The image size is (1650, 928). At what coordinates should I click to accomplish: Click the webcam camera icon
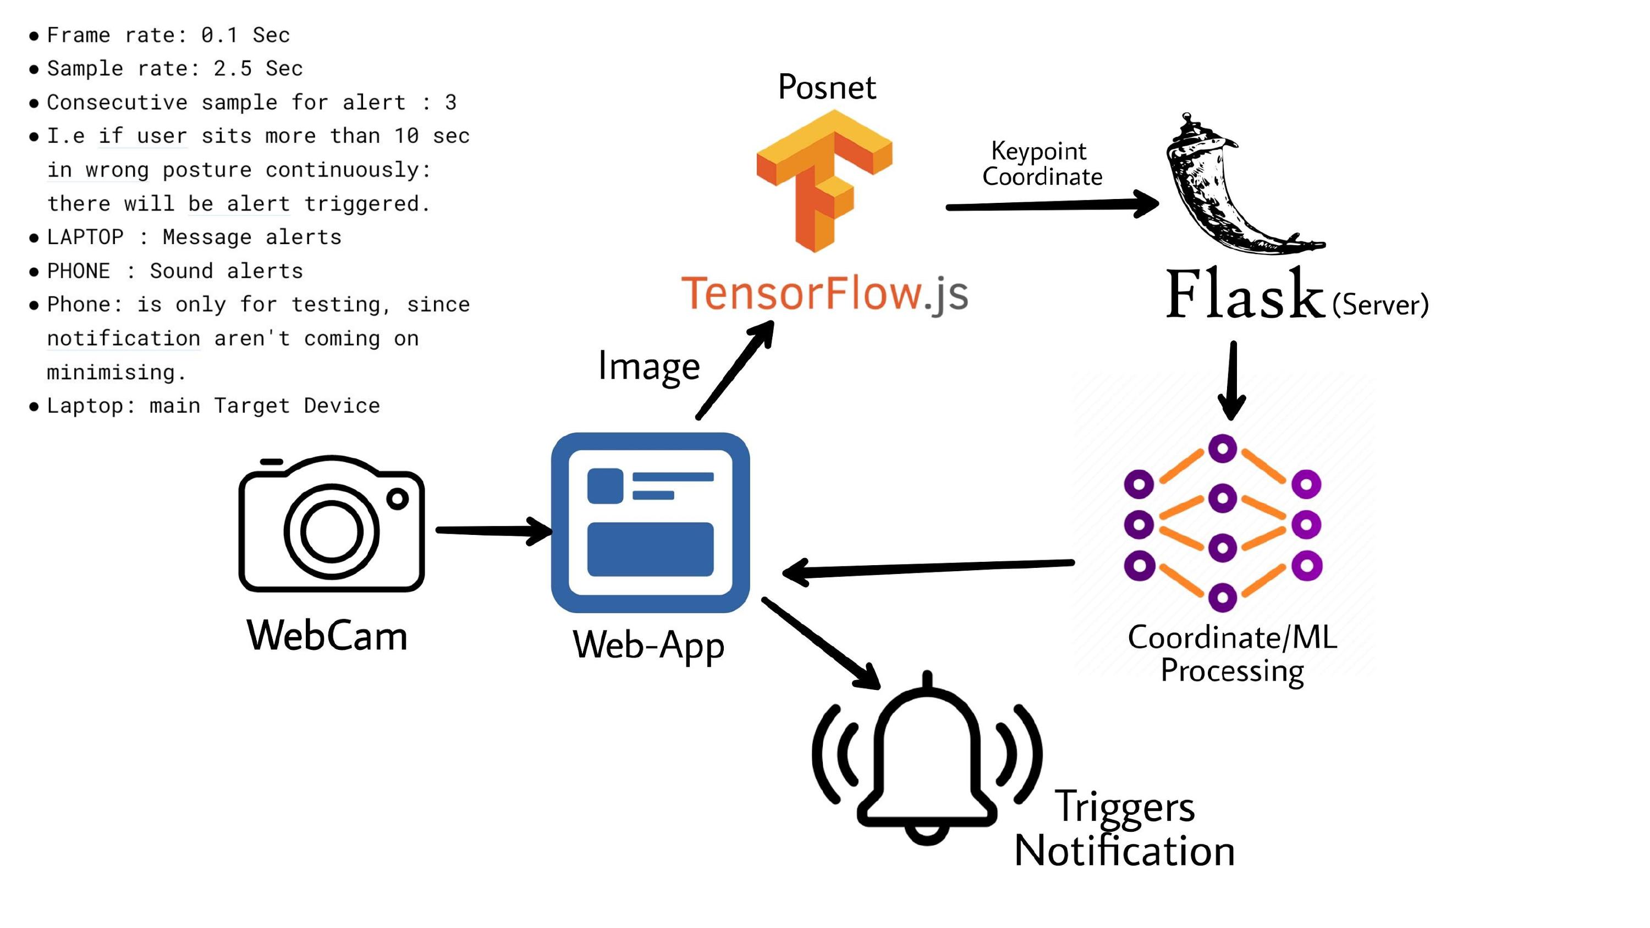click(x=331, y=524)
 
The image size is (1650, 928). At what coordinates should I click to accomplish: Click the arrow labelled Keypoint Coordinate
click(x=1050, y=206)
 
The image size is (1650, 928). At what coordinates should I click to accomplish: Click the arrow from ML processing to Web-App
click(x=929, y=567)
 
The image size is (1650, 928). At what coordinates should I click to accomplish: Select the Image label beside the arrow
click(x=648, y=366)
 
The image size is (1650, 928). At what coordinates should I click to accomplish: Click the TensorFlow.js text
click(x=824, y=294)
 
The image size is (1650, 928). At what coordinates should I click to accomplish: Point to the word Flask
click(x=1244, y=295)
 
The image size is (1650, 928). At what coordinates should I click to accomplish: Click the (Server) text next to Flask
click(x=1380, y=304)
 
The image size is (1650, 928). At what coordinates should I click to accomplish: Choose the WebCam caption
click(x=327, y=636)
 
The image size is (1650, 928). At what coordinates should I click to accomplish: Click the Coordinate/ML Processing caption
click(x=1232, y=654)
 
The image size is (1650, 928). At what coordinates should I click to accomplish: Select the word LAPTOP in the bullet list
click(x=85, y=237)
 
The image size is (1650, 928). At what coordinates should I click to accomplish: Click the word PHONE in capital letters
click(x=79, y=271)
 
